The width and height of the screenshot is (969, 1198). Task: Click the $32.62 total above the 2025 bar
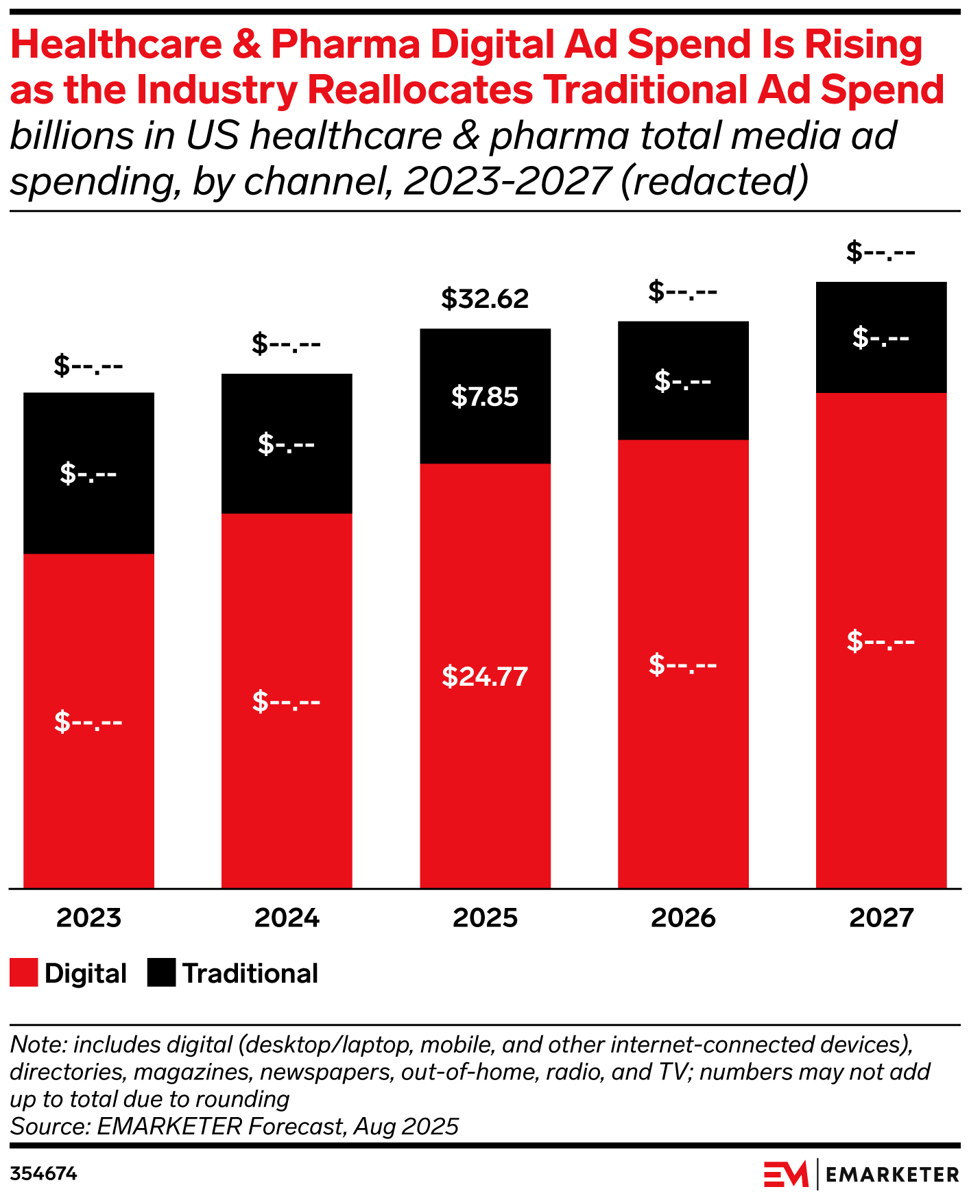point(485,299)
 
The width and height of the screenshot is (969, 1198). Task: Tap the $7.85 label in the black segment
point(485,397)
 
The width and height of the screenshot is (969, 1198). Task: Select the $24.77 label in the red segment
point(485,677)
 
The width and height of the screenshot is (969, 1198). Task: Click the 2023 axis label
point(88,918)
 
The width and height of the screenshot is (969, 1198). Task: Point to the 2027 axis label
point(881,918)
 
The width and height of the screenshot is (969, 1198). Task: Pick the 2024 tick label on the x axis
point(287,918)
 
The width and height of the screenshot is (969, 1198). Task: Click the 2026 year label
point(683,918)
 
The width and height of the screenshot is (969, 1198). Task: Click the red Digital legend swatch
point(23,973)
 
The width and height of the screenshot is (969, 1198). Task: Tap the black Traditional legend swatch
point(161,973)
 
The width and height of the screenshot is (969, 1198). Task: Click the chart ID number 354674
point(43,1175)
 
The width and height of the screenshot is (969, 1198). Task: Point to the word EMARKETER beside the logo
point(892,1175)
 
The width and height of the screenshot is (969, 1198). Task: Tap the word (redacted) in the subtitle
point(715,181)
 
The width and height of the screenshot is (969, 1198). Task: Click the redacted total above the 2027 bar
point(881,252)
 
